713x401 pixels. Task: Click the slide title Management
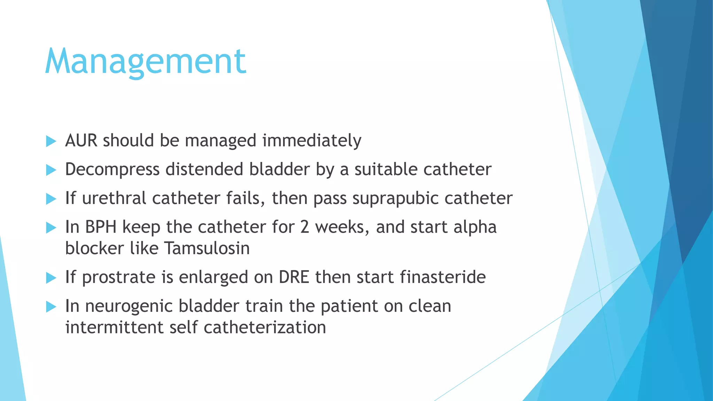(146, 62)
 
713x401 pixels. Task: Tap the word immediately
(312, 141)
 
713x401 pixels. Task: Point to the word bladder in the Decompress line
(279, 170)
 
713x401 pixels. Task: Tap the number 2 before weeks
(304, 227)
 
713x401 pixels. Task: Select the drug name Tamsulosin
(207, 249)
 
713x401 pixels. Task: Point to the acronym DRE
(294, 277)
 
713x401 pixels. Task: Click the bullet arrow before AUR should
(51, 141)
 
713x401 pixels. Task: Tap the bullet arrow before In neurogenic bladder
(51, 307)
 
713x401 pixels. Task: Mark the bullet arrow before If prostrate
(51, 278)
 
